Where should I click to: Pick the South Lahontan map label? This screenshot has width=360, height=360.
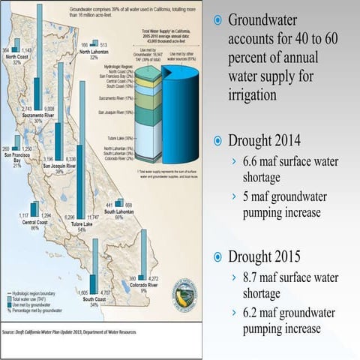pos(118,211)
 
